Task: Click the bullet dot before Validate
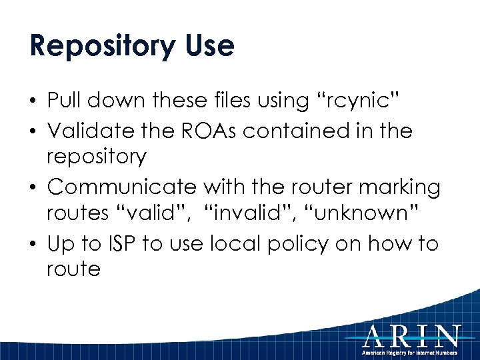click(33, 131)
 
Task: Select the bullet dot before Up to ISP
click(33, 244)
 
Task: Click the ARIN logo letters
click(411, 335)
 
